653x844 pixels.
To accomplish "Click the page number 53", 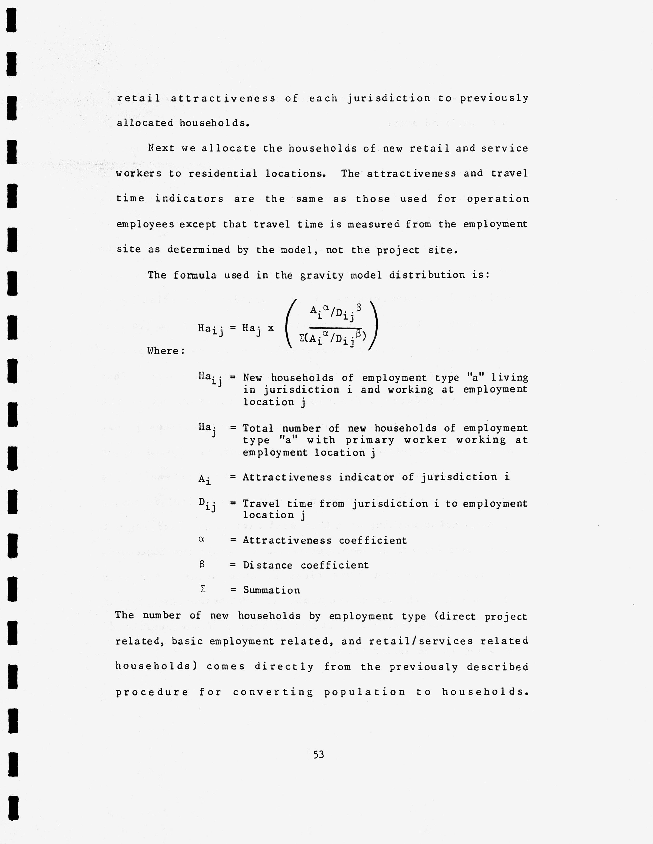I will click(318, 754).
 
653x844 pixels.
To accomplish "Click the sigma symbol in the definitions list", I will click(202, 589).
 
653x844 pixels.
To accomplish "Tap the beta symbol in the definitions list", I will click(202, 564).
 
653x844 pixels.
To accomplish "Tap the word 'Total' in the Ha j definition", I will click(258, 428).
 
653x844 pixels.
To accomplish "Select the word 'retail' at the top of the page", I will click(138, 98).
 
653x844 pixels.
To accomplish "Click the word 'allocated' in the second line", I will click(145, 123).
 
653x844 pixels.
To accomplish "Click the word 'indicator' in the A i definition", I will click(366, 477).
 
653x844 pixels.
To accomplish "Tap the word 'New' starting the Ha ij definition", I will click(252, 378).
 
